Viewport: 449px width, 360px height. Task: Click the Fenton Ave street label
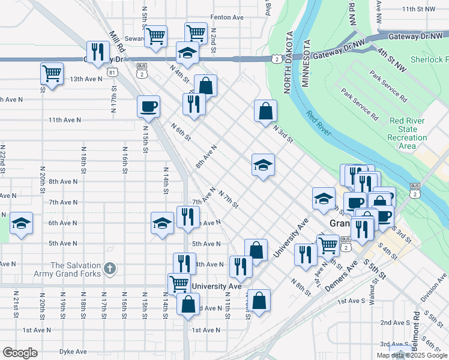[226, 17]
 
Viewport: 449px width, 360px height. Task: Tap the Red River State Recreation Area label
[408, 133]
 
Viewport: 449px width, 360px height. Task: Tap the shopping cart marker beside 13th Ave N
[52, 74]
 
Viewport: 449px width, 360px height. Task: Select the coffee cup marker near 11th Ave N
[148, 107]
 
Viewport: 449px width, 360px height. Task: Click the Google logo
[20, 353]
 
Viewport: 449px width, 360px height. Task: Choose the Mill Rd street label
[117, 41]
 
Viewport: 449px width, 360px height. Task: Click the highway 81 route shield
[113, 73]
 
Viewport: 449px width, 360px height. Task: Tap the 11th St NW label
[420, 9]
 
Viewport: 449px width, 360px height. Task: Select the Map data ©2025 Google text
[411, 355]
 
